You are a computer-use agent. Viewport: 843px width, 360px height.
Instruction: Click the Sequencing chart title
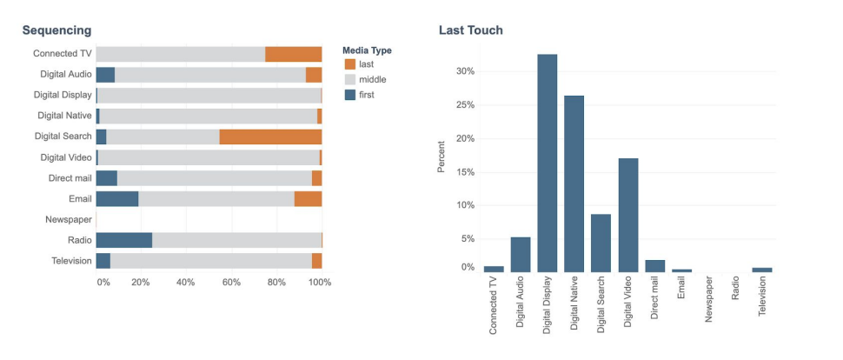point(56,30)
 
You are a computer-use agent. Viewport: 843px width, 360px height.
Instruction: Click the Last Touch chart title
point(470,30)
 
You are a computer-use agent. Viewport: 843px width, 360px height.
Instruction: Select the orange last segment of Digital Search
point(270,137)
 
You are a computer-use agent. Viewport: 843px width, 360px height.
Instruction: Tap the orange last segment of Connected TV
point(293,54)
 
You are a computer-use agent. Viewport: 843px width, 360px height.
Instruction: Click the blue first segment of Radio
point(123,240)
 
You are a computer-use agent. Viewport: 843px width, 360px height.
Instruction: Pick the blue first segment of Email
point(116,198)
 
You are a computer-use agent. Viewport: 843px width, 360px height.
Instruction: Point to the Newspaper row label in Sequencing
point(69,219)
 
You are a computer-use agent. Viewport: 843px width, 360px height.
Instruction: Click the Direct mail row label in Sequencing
point(70,178)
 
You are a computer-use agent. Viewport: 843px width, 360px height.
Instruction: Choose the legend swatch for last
point(350,64)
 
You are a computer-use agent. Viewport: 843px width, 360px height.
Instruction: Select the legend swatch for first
point(350,95)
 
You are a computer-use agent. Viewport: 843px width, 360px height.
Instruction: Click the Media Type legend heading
point(367,50)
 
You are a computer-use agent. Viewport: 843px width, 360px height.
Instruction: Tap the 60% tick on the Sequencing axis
point(231,283)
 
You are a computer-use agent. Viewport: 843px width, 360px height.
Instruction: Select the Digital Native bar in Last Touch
point(574,183)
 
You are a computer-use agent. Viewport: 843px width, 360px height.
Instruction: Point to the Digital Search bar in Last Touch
point(601,243)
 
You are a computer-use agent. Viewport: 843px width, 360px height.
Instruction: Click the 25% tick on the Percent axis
point(465,105)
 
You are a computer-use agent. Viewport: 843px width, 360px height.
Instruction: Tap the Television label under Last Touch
point(762,295)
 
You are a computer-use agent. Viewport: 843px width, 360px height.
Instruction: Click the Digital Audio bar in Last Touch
point(521,255)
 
